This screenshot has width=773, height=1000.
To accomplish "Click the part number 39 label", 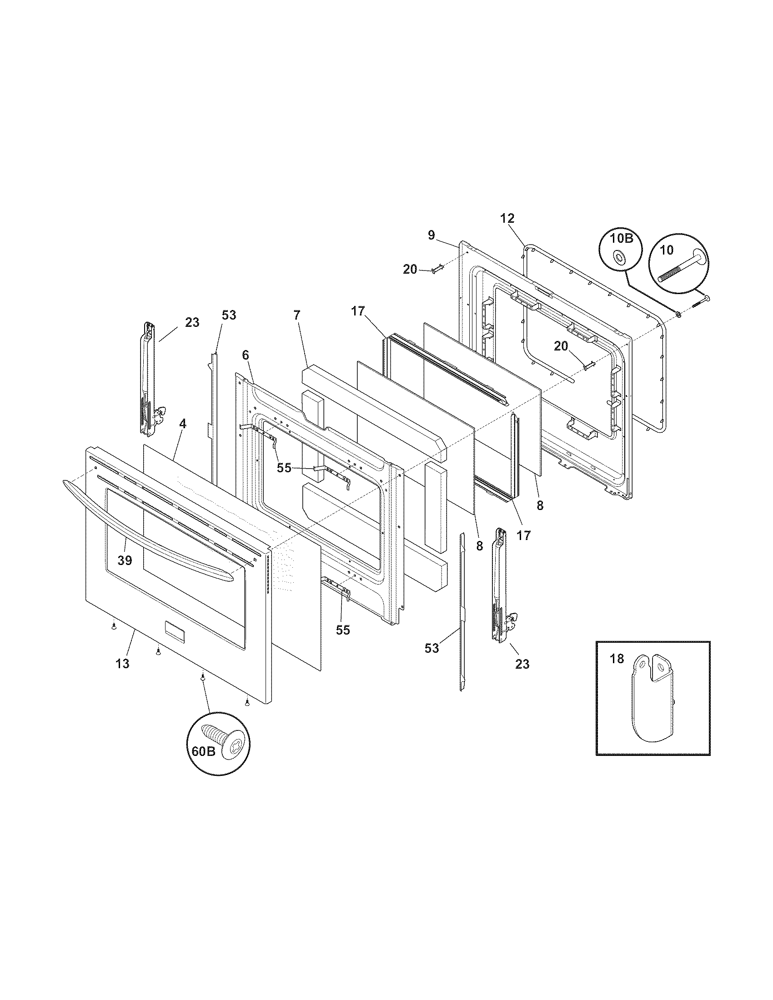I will (x=125, y=560).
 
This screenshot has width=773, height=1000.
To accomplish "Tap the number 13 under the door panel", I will (x=122, y=664).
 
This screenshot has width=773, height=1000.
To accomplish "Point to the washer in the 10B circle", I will (x=619, y=258).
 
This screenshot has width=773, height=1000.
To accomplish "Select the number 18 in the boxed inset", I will (x=617, y=659).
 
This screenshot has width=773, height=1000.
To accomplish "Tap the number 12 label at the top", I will (x=507, y=218).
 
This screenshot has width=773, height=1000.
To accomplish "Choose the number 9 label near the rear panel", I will (x=431, y=235).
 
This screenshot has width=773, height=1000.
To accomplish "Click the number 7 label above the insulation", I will (x=297, y=315).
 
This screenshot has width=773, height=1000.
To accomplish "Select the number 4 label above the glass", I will (x=182, y=424).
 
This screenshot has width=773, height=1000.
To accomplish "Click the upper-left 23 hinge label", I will (x=192, y=322).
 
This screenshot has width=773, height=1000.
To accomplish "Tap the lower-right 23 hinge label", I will (x=522, y=664).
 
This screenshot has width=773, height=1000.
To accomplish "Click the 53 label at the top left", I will (x=229, y=315).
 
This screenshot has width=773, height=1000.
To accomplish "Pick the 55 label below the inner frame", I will (x=342, y=630).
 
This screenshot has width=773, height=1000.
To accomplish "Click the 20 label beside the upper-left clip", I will (x=410, y=270).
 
